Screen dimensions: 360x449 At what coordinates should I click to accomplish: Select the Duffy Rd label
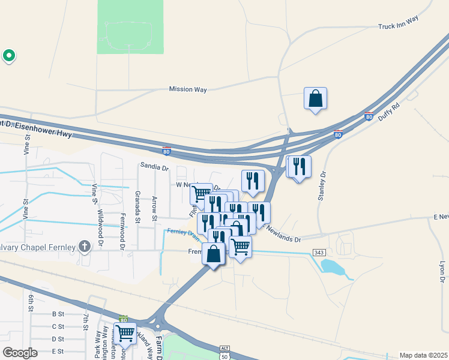(389, 113)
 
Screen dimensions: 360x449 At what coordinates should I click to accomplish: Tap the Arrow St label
(154, 208)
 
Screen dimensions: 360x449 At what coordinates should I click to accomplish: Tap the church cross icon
(85, 246)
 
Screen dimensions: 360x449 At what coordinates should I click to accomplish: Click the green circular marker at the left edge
(9, 56)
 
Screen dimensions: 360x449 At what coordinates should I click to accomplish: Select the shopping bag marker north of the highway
(315, 98)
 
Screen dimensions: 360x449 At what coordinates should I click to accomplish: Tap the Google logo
(20, 352)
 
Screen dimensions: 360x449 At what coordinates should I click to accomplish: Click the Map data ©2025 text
(423, 355)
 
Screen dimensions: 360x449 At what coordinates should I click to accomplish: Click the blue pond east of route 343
(334, 267)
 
